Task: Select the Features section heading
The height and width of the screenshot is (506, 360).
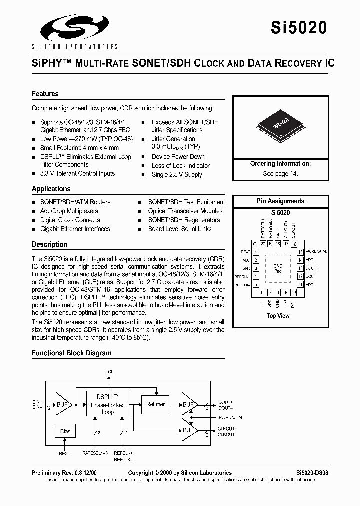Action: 45,94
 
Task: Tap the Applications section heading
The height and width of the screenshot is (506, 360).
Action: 51,189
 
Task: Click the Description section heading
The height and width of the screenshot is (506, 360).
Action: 49,244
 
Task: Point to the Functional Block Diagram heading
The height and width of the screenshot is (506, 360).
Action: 72,353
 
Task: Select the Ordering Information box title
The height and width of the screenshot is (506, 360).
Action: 280,164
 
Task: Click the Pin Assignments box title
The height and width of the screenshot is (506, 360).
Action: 280,201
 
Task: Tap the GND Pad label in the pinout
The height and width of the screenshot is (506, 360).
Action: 278,268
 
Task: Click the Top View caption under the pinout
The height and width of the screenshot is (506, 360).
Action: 278,315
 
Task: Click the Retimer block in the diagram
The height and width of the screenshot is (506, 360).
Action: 155,404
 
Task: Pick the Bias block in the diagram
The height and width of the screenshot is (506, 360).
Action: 65,431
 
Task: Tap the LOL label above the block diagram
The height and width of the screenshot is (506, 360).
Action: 109,372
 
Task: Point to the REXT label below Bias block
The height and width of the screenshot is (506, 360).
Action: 65,454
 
